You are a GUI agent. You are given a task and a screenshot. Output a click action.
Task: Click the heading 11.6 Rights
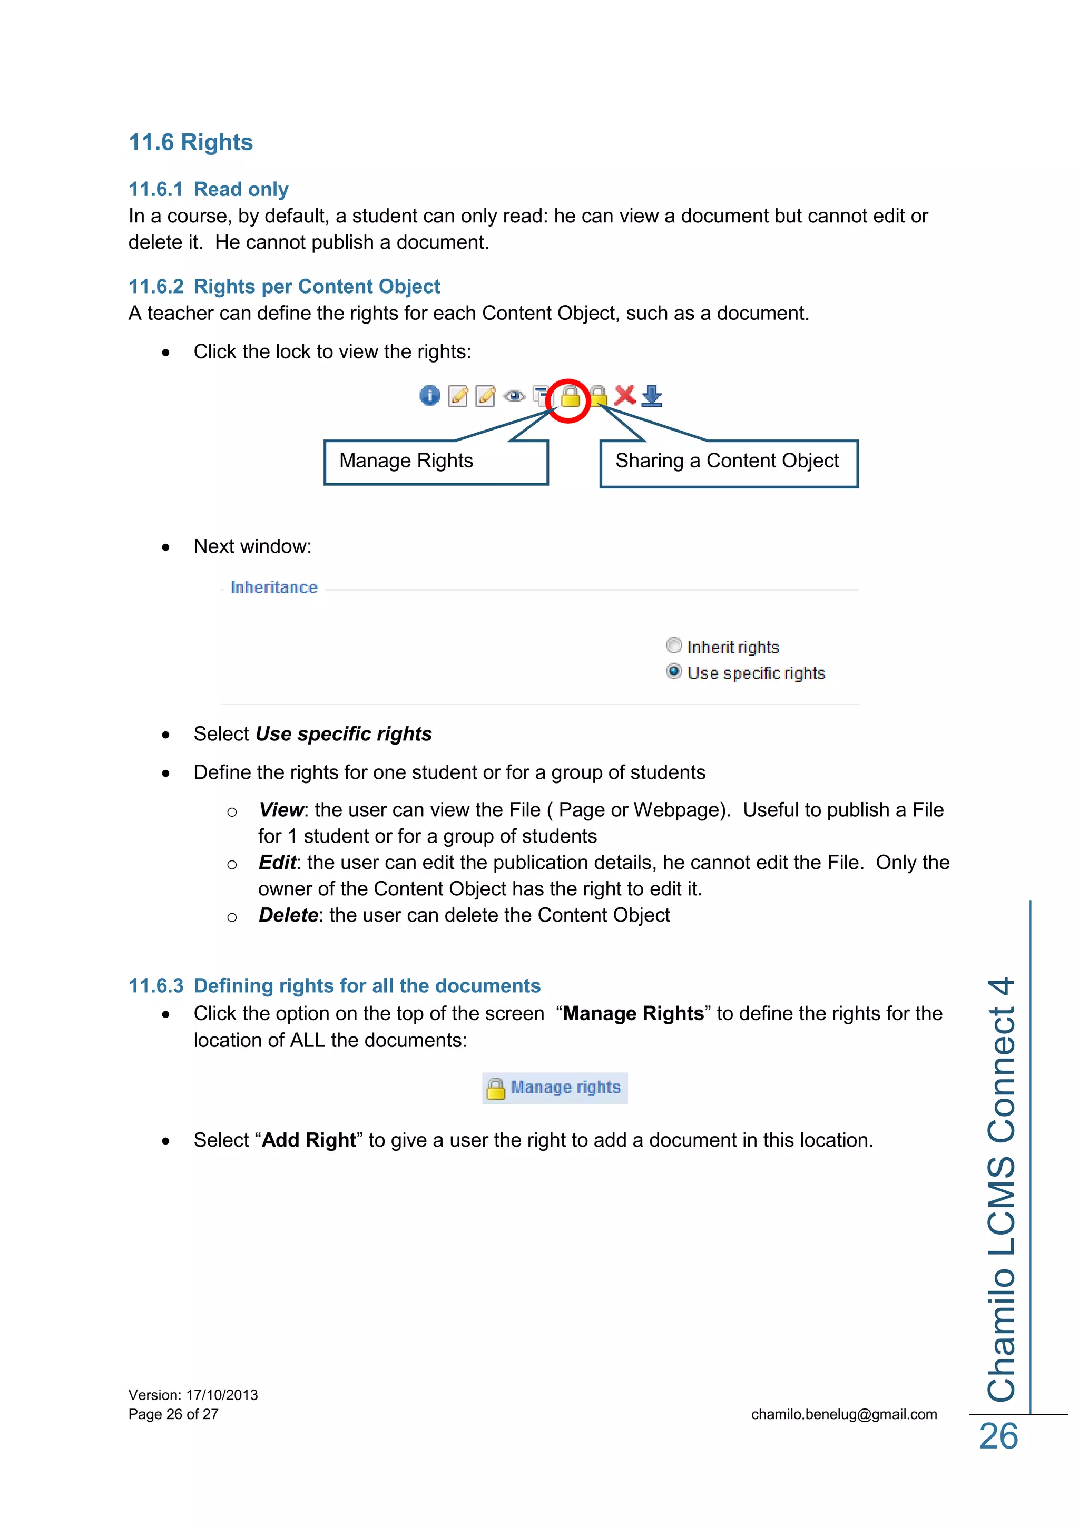pos(190,142)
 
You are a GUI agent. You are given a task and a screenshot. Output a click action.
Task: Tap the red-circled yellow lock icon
pos(570,397)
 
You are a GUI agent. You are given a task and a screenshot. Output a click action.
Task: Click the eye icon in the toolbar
pos(514,397)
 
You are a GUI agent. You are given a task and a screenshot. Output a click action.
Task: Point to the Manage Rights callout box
pos(435,462)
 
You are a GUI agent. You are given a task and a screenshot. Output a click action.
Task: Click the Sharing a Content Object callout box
pos(728,463)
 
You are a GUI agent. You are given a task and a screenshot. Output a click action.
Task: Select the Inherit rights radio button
pos(674,645)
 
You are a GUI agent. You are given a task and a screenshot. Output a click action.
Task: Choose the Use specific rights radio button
pos(674,671)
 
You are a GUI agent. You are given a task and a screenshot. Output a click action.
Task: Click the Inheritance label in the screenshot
pos(274,588)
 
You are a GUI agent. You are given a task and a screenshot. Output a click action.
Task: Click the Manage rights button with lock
pos(555,1088)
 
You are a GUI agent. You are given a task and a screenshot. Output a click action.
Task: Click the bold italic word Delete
pos(288,915)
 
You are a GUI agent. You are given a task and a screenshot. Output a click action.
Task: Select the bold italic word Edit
pos(277,863)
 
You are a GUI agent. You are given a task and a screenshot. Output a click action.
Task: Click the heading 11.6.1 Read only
pos(209,189)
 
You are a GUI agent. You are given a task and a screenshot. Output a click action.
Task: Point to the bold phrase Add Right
pos(309,1140)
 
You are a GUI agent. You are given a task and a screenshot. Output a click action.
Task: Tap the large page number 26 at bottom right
pos(998,1437)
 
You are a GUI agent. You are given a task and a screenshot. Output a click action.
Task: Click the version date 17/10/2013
pos(222,1395)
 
